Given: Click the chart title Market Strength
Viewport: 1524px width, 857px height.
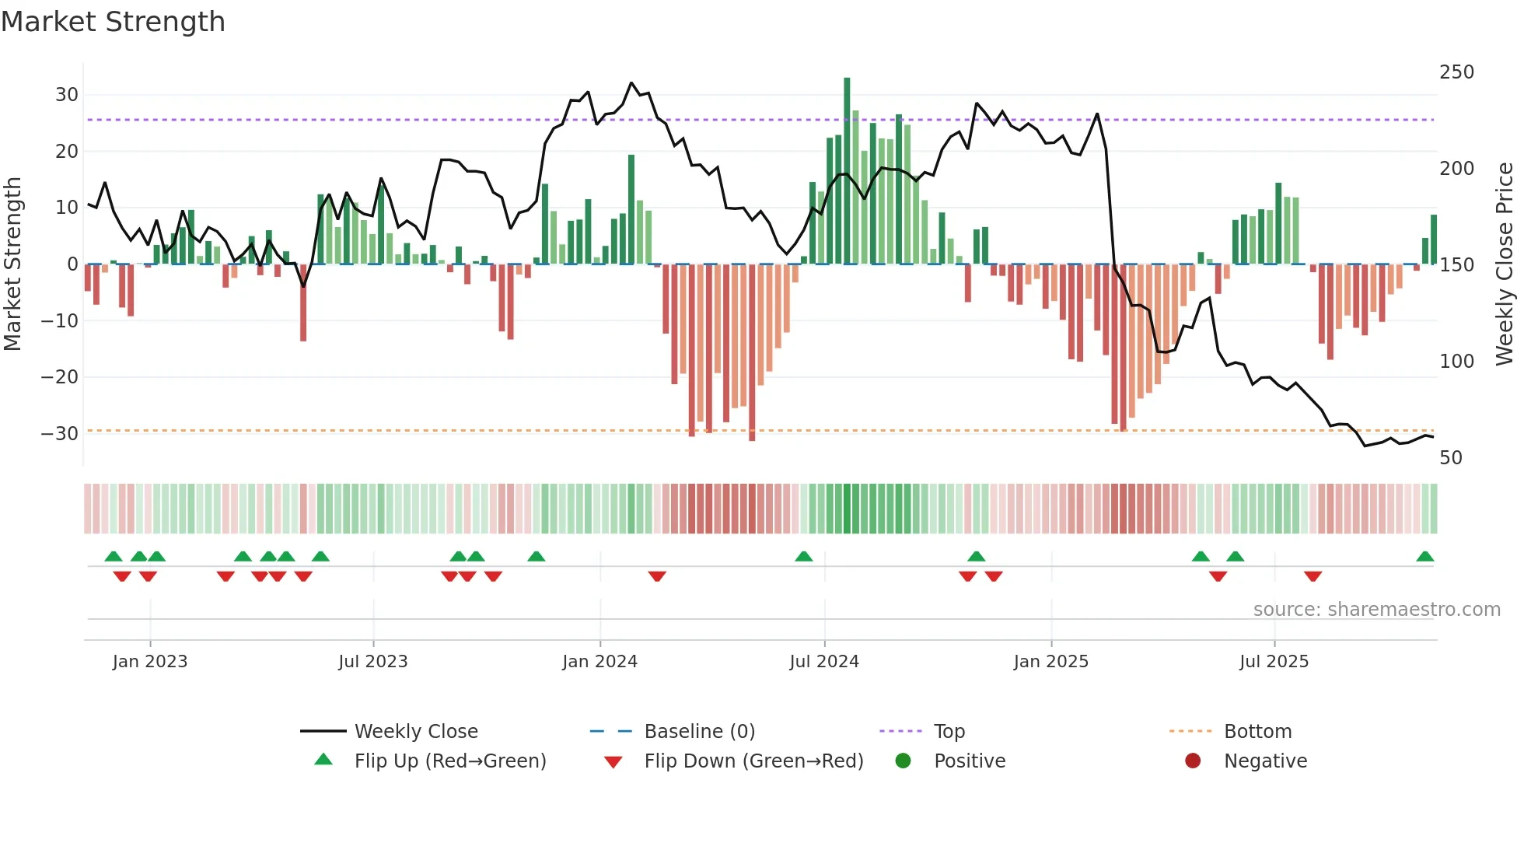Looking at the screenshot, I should [113, 22].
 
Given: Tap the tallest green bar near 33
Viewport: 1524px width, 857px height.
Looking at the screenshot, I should [847, 171].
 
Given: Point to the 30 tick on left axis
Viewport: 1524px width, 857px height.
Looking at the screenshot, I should [67, 95].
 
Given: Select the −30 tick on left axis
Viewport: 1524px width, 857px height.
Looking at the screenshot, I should [61, 434].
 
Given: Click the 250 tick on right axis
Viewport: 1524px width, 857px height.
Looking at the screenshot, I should [1456, 72].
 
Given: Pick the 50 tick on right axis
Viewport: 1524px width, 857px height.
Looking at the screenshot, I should [1451, 458].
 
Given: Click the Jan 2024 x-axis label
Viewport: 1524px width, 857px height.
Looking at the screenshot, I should [599, 662].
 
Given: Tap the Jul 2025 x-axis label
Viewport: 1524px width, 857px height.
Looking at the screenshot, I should [1274, 662].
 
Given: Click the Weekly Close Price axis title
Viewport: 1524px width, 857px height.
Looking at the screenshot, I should [1505, 264].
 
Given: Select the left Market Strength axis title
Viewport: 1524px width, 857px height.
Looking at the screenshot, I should [12, 264].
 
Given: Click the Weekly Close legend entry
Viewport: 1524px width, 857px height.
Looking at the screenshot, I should [416, 732].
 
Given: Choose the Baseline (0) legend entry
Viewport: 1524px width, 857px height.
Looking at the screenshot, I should [699, 732].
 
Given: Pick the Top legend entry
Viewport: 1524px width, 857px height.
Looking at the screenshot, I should [949, 732].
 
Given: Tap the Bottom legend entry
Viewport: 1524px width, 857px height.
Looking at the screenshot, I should [1257, 732].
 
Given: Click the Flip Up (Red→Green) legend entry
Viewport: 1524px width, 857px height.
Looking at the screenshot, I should [450, 761].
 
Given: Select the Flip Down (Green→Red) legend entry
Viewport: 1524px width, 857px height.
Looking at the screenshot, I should [753, 761].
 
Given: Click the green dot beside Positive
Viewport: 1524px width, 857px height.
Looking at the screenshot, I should [903, 761].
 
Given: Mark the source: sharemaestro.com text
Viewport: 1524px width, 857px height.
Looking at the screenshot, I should [1376, 610].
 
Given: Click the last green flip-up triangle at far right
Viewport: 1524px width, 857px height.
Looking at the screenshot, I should [1424, 557].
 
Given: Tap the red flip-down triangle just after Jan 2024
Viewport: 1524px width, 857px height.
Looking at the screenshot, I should [657, 576].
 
